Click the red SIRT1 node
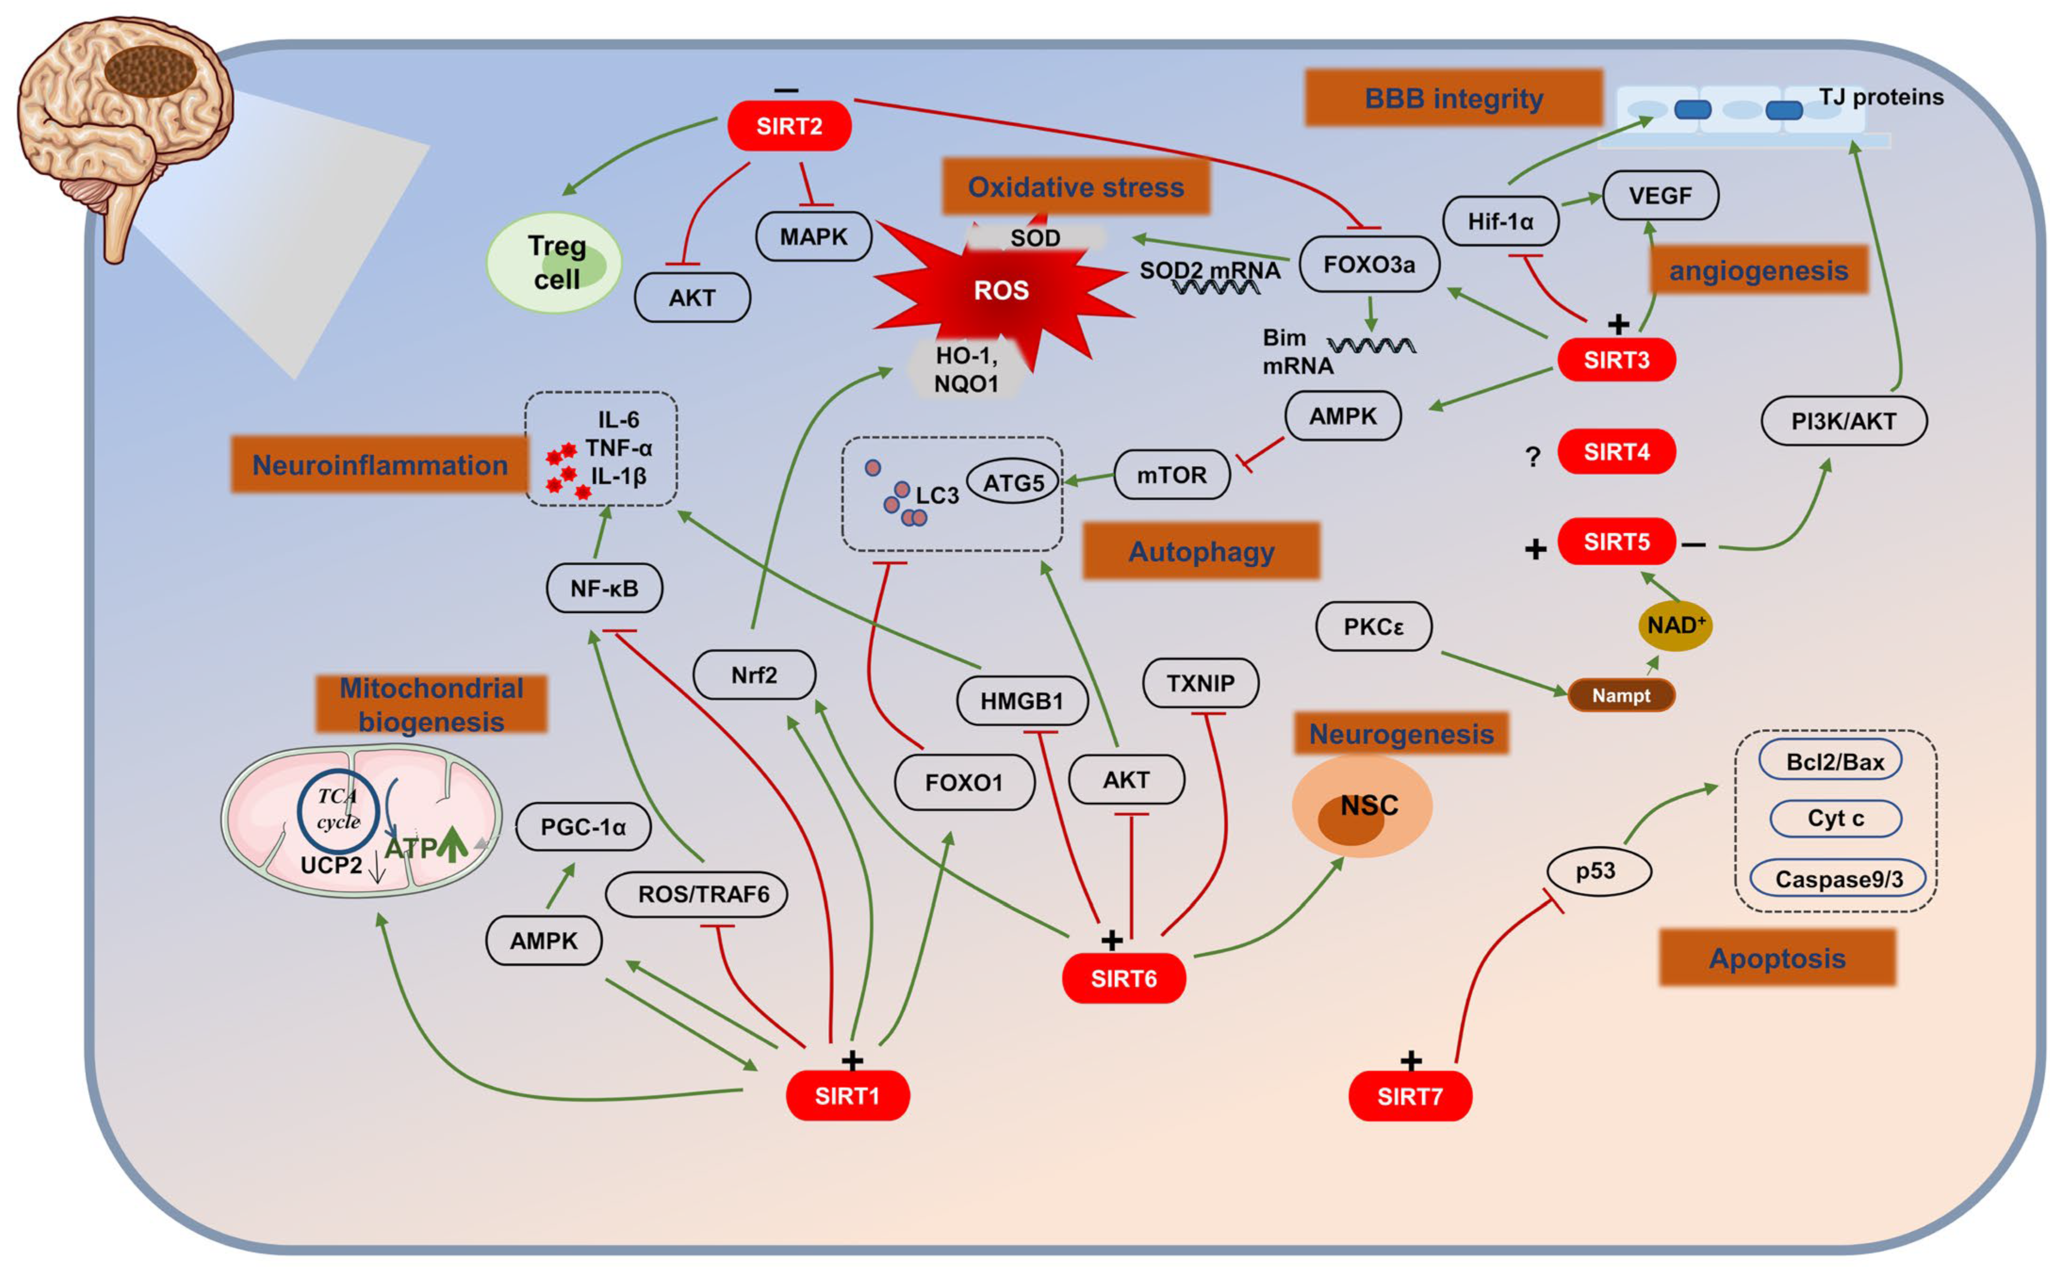(x=847, y=1095)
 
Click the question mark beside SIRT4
(x=1532, y=457)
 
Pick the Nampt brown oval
(x=1620, y=696)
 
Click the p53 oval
(x=1597, y=871)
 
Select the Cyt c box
(x=1834, y=818)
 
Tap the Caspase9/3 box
(x=1838, y=879)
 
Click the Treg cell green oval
(x=555, y=262)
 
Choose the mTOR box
(x=1171, y=475)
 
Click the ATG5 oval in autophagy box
(x=1013, y=482)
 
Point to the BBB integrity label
(x=1453, y=98)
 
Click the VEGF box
(x=1660, y=195)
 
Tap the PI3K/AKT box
(x=1843, y=421)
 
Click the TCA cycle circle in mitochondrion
(x=338, y=810)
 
